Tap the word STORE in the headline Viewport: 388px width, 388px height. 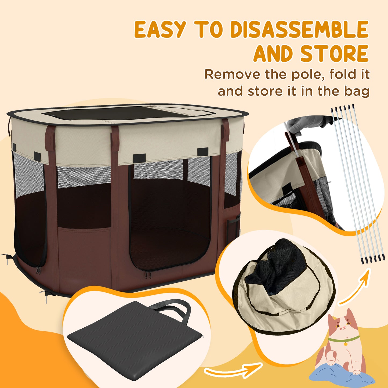click(334, 54)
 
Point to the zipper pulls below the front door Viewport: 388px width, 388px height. click(148, 274)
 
